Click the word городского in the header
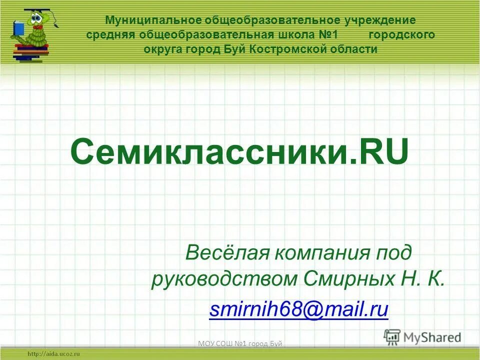(402, 35)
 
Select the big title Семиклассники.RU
(239, 152)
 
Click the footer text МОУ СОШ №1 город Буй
(240, 343)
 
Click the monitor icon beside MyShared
(392, 337)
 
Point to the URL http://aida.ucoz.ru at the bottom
(54, 353)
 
